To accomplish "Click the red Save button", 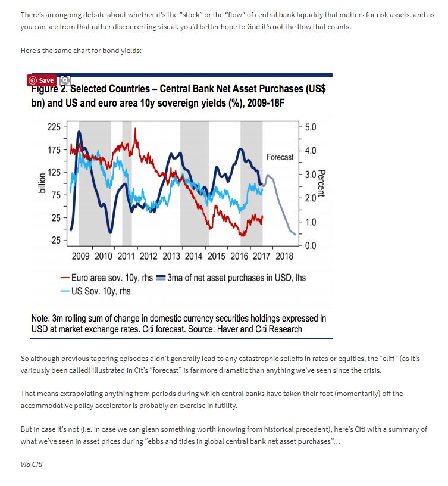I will (41, 80).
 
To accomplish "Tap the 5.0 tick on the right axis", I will (310, 127).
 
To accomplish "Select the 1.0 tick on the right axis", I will (310, 222).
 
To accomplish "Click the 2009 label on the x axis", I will (81, 256).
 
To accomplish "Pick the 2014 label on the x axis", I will (194, 256).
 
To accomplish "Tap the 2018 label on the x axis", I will (284, 256).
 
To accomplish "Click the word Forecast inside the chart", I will (280, 157).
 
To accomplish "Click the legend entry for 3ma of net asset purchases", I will (231, 278).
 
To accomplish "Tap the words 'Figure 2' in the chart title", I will (51, 89).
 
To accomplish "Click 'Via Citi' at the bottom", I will (31, 464).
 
